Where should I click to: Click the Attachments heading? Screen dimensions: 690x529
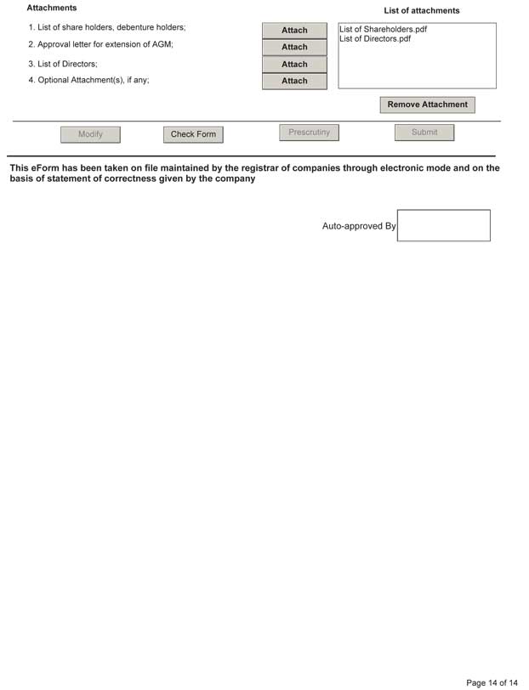coord(52,8)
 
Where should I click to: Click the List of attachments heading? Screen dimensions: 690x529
coord(421,11)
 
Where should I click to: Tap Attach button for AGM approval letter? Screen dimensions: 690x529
coord(294,48)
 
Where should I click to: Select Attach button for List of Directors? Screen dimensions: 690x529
coord(294,65)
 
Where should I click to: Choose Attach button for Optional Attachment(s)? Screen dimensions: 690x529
coord(294,82)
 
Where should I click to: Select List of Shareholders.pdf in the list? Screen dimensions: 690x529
coord(383,30)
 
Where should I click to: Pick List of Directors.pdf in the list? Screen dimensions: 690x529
coord(375,39)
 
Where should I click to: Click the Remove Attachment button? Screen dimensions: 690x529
coord(427,105)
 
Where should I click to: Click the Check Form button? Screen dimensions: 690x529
coord(193,134)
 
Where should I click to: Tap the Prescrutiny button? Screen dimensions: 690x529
coord(309,133)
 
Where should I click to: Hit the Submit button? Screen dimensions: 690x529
coord(424,133)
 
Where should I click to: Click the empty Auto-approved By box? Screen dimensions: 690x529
coord(443,225)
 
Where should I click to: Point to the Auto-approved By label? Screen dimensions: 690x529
coord(358,227)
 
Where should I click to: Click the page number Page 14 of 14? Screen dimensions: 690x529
coord(492,682)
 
